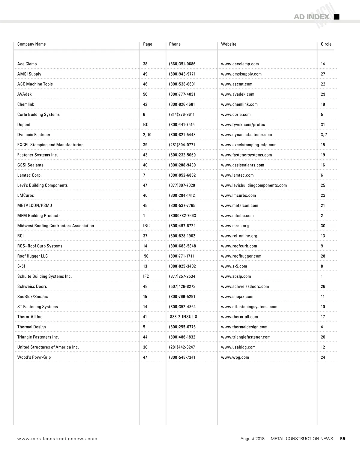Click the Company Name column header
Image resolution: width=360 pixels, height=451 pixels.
(x=31, y=44)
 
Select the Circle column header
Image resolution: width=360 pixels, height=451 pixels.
(x=326, y=44)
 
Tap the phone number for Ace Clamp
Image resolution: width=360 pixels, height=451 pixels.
(x=182, y=64)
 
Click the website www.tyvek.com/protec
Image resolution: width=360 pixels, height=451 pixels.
(x=243, y=125)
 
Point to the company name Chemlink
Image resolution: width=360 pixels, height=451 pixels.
(x=26, y=104)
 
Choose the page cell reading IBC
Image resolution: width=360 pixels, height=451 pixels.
(x=146, y=226)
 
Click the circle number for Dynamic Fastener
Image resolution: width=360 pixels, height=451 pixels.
(x=324, y=135)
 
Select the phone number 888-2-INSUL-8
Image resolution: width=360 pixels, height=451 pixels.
(x=184, y=317)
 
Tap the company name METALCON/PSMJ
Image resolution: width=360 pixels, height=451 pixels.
(x=34, y=206)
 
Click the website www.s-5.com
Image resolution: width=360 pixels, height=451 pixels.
(x=234, y=266)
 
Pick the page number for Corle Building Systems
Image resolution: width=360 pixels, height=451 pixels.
(x=144, y=115)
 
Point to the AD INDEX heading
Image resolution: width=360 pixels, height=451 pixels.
(x=311, y=17)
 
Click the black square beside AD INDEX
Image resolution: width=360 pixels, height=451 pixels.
(x=337, y=17)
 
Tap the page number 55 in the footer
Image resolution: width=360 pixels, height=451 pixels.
(x=343, y=439)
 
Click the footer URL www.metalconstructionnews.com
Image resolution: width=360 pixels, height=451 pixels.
(x=57, y=439)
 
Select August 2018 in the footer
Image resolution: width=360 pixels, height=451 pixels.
(x=253, y=439)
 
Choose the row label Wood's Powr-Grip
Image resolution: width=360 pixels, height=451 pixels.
(x=34, y=357)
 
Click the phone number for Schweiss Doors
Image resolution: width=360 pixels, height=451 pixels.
(x=182, y=287)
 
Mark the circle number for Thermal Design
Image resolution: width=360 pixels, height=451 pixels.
(x=322, y=327)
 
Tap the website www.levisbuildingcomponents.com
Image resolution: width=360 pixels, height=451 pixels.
(x=254, y=185)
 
